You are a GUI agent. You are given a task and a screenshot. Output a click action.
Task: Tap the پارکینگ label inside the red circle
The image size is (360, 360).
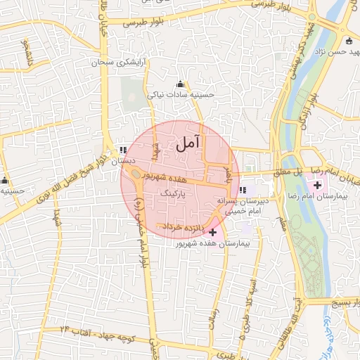pyautogui.click(x=172, y=191)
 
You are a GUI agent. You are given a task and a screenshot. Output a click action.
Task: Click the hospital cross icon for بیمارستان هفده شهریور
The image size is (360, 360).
pyautogui.click(x=213, y=231)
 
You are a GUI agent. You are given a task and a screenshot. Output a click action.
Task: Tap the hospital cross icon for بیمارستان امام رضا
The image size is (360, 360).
pyautogui.click(x=318, y=186)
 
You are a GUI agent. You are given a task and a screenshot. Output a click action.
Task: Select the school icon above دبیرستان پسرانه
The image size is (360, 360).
pyautogui.click(x=243, y=190)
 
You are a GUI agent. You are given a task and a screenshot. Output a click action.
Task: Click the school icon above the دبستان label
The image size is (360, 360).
pyautogui.click(x=124, y=150)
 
